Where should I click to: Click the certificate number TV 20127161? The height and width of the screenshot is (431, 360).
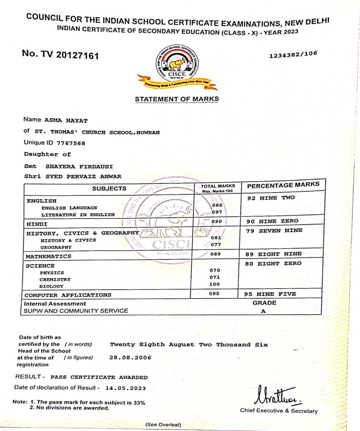[60, 55]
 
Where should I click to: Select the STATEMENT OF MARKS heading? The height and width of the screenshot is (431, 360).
[177, 99]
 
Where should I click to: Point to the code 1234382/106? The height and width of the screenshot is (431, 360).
[293, 55]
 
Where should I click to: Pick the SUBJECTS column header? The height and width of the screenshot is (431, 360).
[109, 188]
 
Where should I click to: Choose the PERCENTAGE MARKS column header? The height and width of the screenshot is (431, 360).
[283, 185]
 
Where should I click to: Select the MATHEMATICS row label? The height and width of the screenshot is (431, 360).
[49, 257]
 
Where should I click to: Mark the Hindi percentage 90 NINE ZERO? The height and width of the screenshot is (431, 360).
[271, 221]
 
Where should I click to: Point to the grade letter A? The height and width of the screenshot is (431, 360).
[263, 311]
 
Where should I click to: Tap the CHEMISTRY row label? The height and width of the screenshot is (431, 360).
[55, 280]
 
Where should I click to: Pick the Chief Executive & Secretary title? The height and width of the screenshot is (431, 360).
[279, 411]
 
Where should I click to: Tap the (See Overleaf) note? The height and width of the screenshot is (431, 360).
[163, 424]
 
